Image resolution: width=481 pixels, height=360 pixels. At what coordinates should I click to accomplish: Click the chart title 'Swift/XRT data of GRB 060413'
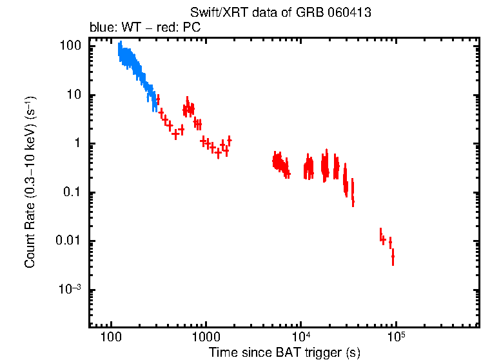tap(280, 13)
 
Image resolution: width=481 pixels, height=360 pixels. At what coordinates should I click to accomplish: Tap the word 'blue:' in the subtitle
tap(101, 28)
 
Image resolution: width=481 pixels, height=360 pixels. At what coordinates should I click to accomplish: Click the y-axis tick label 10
tap(74, 95)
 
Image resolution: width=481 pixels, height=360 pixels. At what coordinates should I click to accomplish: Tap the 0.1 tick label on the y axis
tap(72, 192)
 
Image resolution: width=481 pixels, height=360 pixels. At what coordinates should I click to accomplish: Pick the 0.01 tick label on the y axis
tap(68, 241)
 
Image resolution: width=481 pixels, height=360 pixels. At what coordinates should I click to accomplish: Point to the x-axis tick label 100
tap(112, 338)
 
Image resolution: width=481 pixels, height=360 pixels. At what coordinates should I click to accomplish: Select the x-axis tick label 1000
tap(206, 338)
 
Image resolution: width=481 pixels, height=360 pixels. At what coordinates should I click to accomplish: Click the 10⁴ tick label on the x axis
tap(301, 337)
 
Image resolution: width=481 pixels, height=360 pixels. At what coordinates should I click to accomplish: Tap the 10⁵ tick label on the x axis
tap(396, 337)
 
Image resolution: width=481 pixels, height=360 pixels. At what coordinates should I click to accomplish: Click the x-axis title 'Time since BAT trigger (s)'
tap(284, 352)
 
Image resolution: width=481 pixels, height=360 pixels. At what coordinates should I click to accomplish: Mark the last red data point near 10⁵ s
tap(393, 258)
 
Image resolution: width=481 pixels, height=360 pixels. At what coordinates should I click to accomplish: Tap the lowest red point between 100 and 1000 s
tap(175, 135)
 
